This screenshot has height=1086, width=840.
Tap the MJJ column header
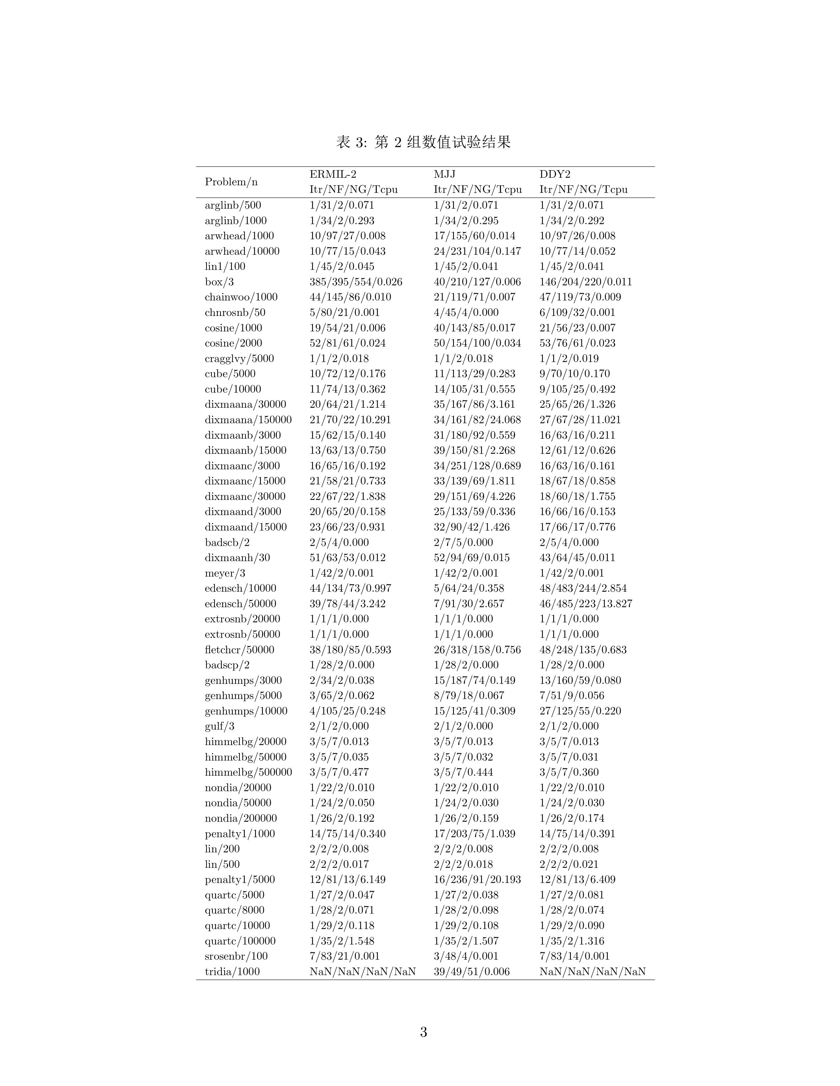pos(444,174)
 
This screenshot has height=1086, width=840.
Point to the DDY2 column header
pos(555,174)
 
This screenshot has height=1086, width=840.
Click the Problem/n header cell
pos(231,182)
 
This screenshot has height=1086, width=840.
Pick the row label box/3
pos(219,282)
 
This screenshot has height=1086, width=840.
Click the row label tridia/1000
pos(232,971)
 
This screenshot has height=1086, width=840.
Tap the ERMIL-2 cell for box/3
pos(356,282)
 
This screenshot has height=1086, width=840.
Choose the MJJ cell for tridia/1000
pos(471,971)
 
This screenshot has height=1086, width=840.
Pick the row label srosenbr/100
pos(236,956)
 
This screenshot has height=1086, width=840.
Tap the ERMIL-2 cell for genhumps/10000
pos(347,711)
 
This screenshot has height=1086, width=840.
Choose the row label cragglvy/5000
pos(239,358)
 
